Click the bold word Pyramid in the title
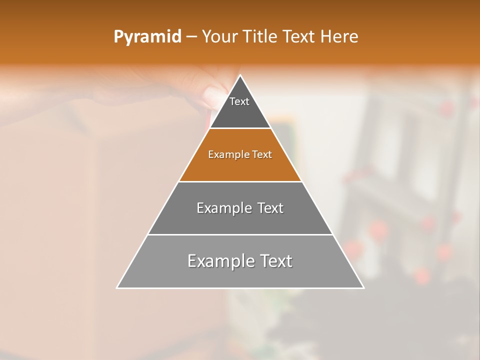[x=147, y=37]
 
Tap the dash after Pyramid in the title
[x=191, y=37]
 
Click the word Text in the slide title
[x=299, y=37]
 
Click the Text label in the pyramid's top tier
[x=239, y=101]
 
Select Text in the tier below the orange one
[x=270, y=208]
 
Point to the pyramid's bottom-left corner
[x=117, y=287]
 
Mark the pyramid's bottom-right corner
[x=363, y=287]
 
